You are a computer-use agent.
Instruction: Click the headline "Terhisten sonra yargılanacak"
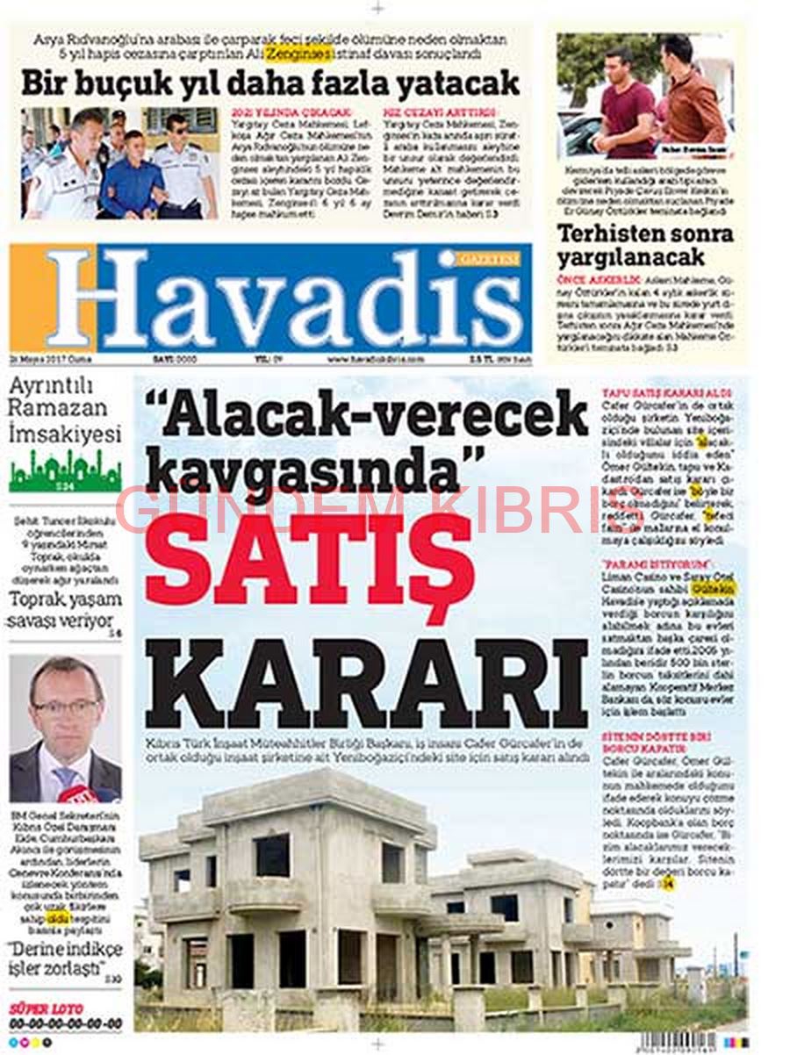point(643,246)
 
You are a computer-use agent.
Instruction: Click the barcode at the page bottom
point(689,1041)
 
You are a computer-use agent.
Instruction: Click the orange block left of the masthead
point(30,298)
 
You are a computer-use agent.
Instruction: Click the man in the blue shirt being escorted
point(132,176)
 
